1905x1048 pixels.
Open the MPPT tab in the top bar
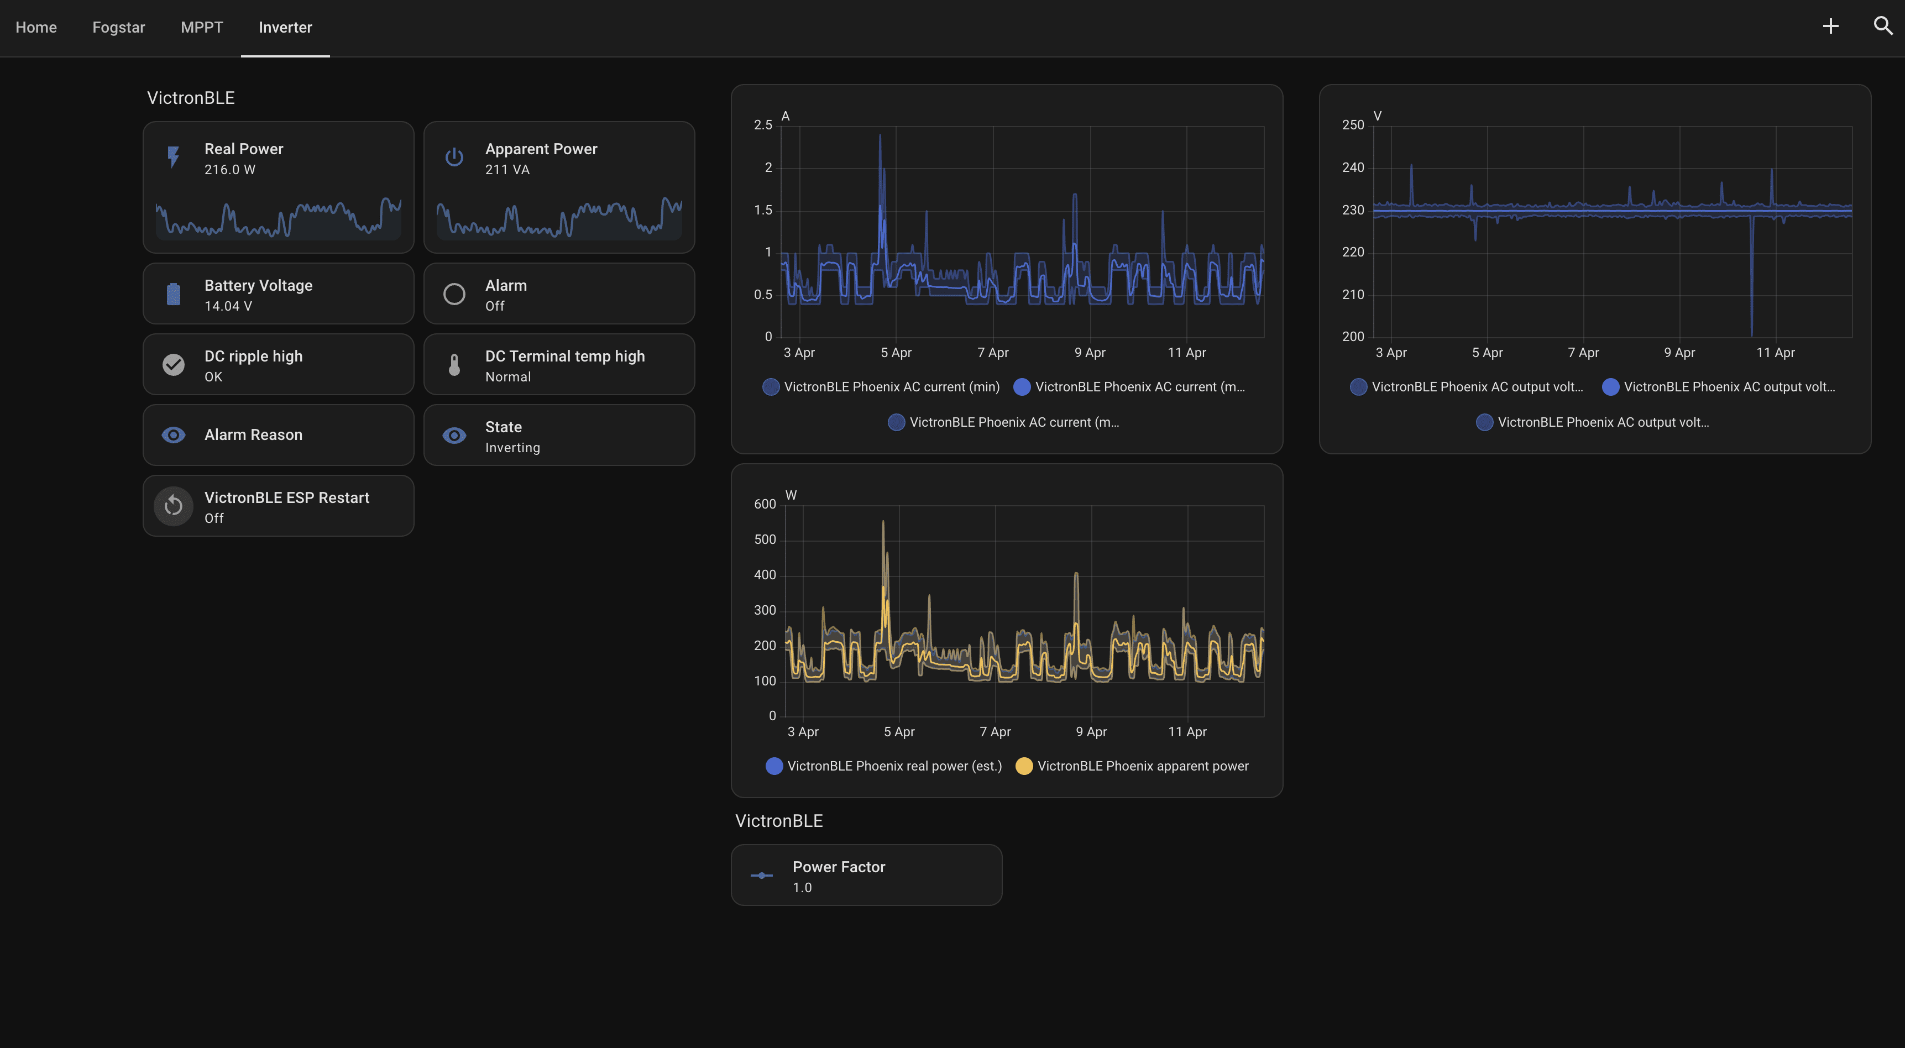[x=201, y=28]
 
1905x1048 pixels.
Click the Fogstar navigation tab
[x=118, y=28]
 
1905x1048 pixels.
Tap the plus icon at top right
[x=1830, y=27]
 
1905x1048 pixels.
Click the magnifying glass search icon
[x=1883, y=27]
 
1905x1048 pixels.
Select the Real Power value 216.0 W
[x=229, y=169]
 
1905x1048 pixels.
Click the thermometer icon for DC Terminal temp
[x=454, y=365]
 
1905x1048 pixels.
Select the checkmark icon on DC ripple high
[x=173, y=365]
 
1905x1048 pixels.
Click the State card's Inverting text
[x=512, y=448]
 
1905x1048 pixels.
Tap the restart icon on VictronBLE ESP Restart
[x=173, y=506]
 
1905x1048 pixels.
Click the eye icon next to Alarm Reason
[x=173, y=435]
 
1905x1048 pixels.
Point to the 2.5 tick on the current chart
[x=762, y=125]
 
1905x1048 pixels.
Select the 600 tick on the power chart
[x=765, y=505]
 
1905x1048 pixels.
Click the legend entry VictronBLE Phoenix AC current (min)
[x=891, y=387]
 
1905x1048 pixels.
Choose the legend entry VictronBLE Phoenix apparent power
[x=1142, y=766]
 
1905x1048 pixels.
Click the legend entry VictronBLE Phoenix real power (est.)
[x=893, y=766]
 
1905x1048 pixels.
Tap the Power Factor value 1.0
[x=802, y=888]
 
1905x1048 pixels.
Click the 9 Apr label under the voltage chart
[x=1679, y=353]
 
